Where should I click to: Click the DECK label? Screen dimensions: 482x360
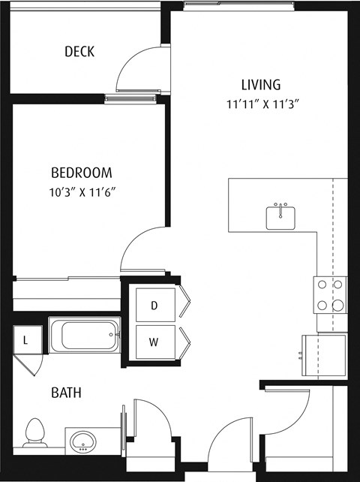[x=79, y=52]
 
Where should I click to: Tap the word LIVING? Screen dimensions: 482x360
[x=260, y=84]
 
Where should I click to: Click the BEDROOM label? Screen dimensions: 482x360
[x=82, y=172]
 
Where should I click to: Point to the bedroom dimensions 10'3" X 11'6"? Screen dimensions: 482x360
[x=82, y=191]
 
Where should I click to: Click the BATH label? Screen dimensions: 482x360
[x=66, y=393]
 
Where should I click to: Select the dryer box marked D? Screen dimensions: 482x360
[x=155, y=305]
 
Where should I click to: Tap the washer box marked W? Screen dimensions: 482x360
[x=155, y=342]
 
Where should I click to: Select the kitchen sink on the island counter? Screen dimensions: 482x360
[x=281, y=216]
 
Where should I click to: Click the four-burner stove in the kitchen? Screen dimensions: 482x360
[x=330, y=294]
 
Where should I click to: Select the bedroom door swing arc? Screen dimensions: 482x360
[x=142, y=248]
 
